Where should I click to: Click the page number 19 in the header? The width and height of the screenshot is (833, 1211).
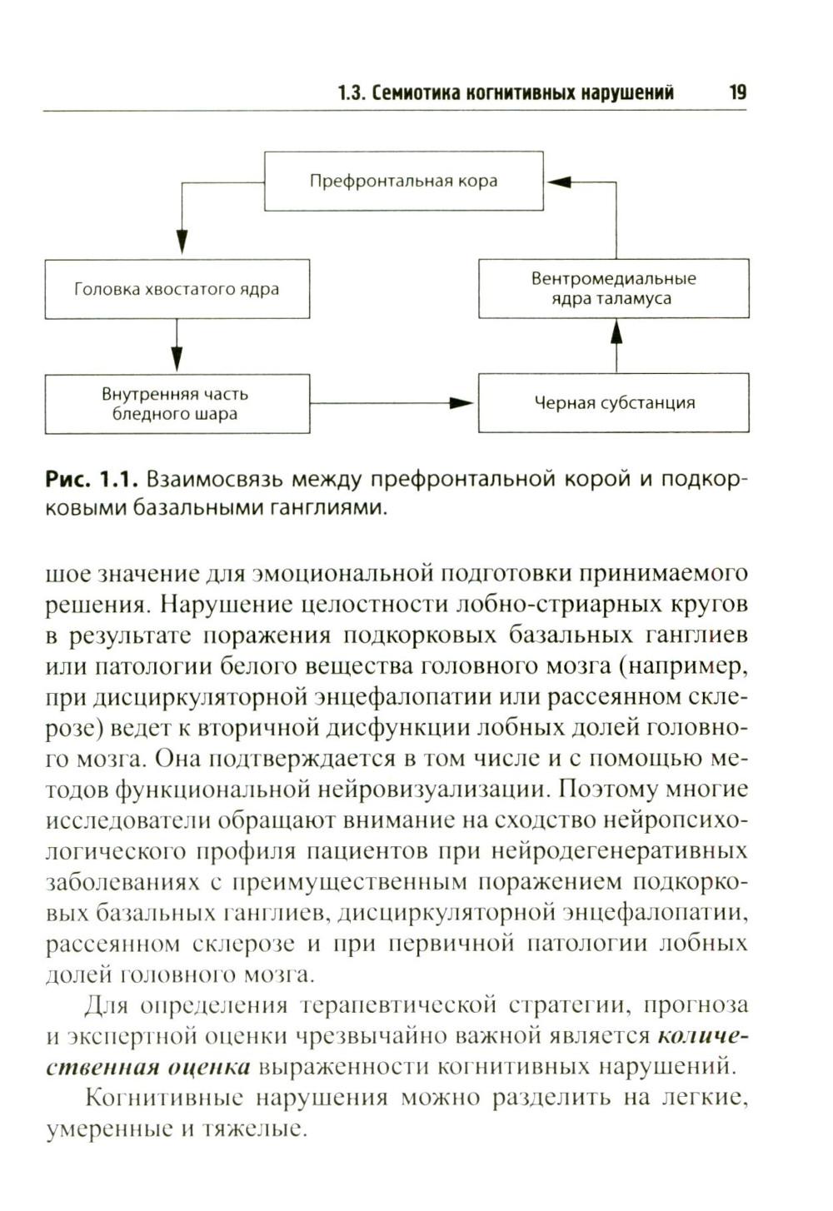point(737,92)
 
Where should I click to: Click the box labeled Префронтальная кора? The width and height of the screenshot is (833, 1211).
point(403,181)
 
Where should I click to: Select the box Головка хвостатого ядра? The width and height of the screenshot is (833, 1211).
point(177,289)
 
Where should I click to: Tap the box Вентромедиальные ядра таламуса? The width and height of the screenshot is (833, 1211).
point(613,288)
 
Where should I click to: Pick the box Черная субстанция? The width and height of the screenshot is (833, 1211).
point(613,403)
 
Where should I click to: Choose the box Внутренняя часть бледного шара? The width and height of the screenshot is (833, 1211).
point(177,404)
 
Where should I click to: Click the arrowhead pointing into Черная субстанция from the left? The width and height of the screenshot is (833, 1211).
point(461,403)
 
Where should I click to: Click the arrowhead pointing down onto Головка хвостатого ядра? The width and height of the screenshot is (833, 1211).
point(181,242)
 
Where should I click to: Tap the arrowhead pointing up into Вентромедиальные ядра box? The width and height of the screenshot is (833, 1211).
point(616,333)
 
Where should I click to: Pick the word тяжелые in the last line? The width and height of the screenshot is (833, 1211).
point(262,1129)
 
